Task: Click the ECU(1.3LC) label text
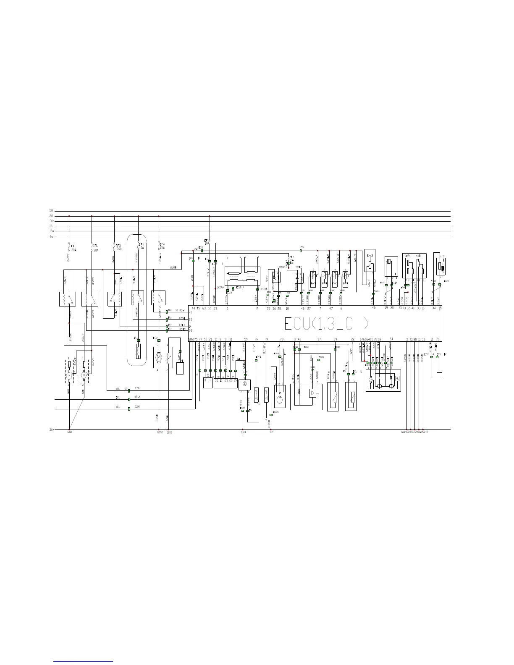pyautogui.click(x=326, y=324)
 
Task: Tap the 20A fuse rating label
pyautogui.click(x=74, y=250)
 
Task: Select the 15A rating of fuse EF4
pyautogui.click(x=162, y=248)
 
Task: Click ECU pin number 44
pyautogui.click(x=193, y=309)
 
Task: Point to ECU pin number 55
pyautogui.click(x=268, y=309)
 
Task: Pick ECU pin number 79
pyautogui.click(x=282, y=339)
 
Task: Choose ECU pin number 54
pyautogui.click(x=391, y=339)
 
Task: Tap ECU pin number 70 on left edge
pyautogui.click(x=190, y=312)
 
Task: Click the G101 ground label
pyautogui.click(x=70, y=432)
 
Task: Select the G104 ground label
pyautogui.click(x=243, y=432)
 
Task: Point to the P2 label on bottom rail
pyautogui.click(x=271, y=432)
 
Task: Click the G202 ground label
pyautogui.click(x=159, y=432)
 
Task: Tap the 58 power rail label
pyautogui.click(x=51, y=211)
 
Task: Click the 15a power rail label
pyautogui.click(x=51, y=231)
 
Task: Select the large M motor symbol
pyautogui.click(x=159, y=358)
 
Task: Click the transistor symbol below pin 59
pyautogui.click(x=244, y=385)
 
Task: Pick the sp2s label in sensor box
pyautogui.click(x=407, y=255)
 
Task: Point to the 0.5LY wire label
pyautogui.click(x=137, y=397)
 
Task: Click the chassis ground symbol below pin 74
pyautogui.click(x=266, y=419)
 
